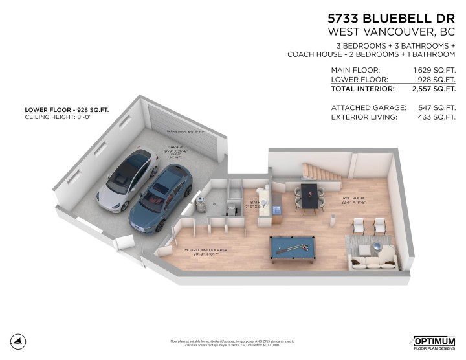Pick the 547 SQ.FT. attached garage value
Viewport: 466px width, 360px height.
(438, 107)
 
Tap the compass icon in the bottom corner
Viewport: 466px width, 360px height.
(19, 341)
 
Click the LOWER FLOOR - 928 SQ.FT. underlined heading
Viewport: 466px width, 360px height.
(67, 110)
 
